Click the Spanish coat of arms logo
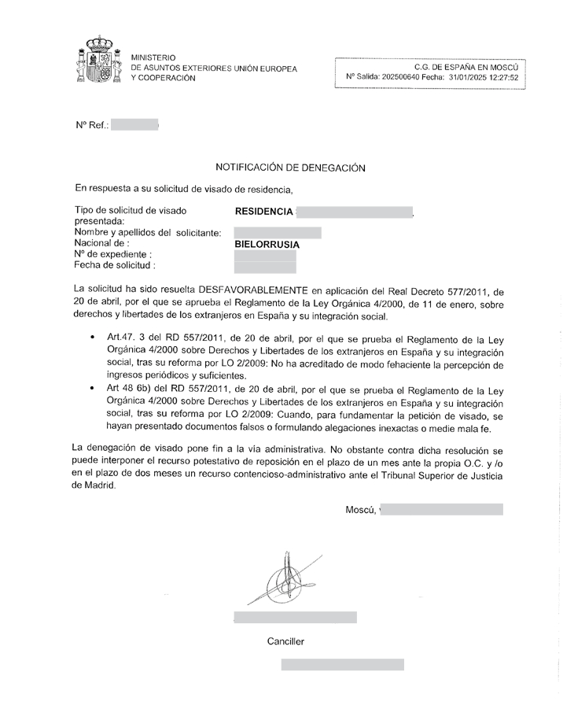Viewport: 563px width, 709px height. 98,61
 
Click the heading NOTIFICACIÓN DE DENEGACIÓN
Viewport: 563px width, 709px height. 290,168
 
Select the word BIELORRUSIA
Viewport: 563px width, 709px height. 267,245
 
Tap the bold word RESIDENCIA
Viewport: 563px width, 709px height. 264,212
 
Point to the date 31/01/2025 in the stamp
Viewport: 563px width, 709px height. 469,78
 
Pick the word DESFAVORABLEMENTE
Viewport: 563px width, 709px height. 253,290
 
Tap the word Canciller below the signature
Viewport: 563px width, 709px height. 285,641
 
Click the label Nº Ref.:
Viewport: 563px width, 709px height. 91,125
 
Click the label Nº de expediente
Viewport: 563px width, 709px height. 112,254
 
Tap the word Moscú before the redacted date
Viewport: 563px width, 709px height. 360,510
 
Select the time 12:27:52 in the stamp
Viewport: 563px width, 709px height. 505,78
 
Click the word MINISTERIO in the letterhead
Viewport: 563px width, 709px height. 154,57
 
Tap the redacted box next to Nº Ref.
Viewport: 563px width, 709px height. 134,125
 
